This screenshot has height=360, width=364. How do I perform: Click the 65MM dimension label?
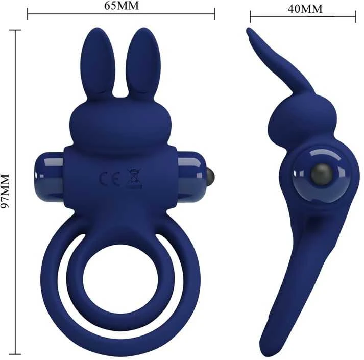(x=122, y=6)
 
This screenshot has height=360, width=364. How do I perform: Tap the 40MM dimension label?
(x=305, y=9)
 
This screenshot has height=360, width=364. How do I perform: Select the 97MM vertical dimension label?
(x=5, y=191)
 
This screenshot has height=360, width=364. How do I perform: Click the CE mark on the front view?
(x=110, y=178)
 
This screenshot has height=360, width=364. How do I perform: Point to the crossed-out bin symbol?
(x=133, y=178)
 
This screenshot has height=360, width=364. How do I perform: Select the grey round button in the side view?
(x=322, y=175)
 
